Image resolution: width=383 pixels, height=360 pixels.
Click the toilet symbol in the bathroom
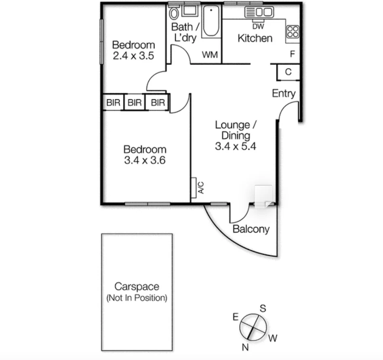click(175, 13)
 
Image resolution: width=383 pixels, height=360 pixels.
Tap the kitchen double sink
click(259, 13)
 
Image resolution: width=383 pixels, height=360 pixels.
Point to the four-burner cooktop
click(293, 31)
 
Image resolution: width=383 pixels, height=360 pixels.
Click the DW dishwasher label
click(258, 27)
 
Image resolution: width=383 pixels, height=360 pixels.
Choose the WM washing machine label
click(209, 54)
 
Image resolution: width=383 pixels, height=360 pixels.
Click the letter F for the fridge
click(292, 54)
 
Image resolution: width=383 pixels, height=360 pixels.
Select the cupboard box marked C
click(288, 72)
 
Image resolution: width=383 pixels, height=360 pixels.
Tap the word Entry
click(284, 94)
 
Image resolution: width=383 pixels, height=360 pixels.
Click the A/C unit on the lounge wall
click(194, 188)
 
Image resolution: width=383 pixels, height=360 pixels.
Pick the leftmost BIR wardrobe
click(113, 103)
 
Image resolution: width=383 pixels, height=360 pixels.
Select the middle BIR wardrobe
click(135, 103)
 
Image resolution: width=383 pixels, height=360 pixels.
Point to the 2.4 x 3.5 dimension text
click(133, 56)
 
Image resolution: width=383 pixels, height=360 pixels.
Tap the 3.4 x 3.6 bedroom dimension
click(145, 160)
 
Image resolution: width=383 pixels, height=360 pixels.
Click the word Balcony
click(251, 229)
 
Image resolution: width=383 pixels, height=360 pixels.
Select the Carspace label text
click(137, 287)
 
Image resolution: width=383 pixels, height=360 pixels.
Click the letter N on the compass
click(245, 347)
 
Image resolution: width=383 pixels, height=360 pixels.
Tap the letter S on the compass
click(263, 309)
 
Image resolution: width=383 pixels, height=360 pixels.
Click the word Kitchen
click(255, 38)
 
